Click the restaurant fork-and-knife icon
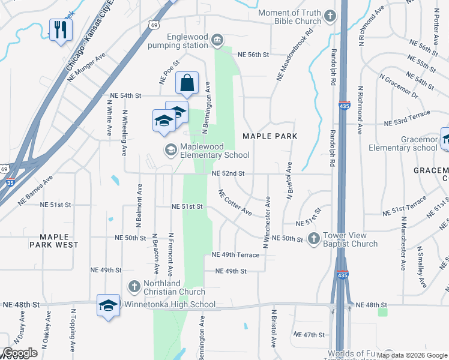click(59, 30)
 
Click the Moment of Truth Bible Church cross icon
click(330, 17)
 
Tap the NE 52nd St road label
click(228, 173)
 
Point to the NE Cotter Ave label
click(235, 202)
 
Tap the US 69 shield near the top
click(154, 25)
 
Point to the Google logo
click(20, 353)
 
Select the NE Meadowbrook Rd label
click(294, 55)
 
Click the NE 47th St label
click(309, 335)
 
